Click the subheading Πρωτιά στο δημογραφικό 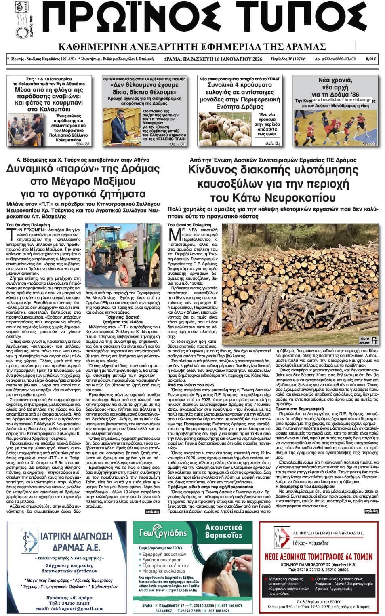click(291, 409)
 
